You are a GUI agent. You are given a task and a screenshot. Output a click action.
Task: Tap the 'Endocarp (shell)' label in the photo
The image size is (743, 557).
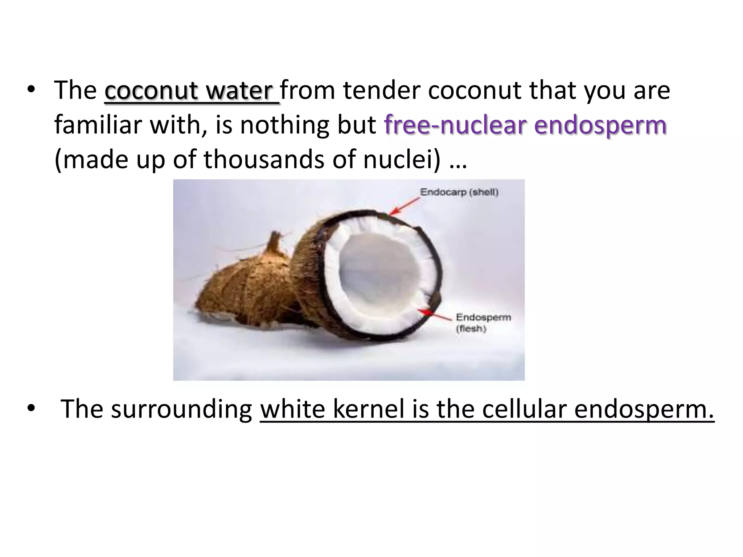coord(459,192)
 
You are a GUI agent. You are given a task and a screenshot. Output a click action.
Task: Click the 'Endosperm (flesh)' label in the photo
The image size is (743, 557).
coord(483,322)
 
